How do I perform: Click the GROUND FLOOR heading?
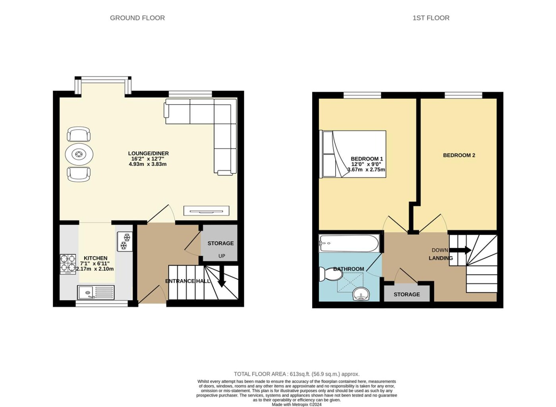coord(137,18)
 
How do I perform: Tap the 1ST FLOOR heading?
coord(431,18)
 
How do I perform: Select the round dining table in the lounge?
coord(79,154)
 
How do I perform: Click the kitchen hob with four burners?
coord(68,264)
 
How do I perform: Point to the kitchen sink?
coord(96,292)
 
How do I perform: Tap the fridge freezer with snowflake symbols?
coord(125,241)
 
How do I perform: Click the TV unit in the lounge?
coord(206,211)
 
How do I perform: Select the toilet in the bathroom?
coord(330,274)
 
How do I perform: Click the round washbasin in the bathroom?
coord(361,294)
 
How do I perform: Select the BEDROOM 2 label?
coord(459,156)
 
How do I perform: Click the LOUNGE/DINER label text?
coord(149,154)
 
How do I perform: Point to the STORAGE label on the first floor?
coord(407,294)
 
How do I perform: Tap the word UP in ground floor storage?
coord(222,256)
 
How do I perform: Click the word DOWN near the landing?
coord(440,250)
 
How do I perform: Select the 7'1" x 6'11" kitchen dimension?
coord(95,263)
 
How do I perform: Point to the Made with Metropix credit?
coord(297,405)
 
